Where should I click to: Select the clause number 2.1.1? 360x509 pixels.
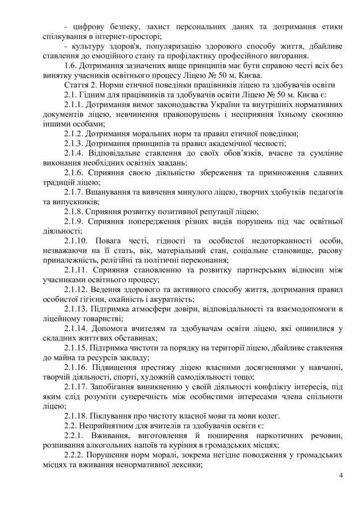click(x=75, y=105)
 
